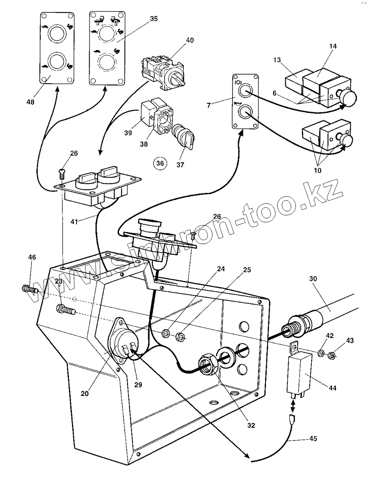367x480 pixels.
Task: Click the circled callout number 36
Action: coord(160,163)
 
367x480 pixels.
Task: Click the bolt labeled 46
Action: coord(28,289)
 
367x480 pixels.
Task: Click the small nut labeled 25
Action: coord(181,338)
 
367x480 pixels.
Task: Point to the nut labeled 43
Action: coord(331,356)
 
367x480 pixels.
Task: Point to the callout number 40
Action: coord(189,40)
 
